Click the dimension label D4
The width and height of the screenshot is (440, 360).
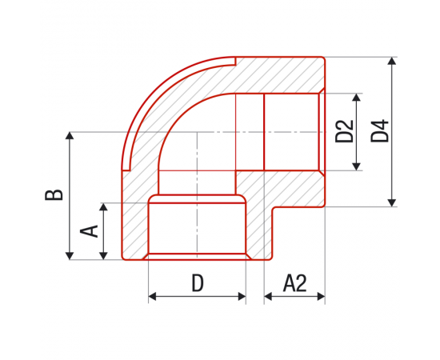(x=380, y=131)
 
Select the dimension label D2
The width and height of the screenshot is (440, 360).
(x=344, y=131)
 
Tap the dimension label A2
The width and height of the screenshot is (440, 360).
(x=294, y=283)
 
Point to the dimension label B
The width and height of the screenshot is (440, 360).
(x=54, y=195)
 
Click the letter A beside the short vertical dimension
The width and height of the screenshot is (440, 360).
(x=89, y=231)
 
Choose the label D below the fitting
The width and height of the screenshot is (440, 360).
(x=198, y=283)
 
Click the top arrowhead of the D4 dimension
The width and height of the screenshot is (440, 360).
(x=392, y=61)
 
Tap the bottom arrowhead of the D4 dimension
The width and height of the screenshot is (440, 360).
(x=392, y=203)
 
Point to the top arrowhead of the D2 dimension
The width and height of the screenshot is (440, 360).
(x=356, y=98)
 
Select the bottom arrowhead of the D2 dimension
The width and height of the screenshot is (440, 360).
(x=356, y=166)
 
